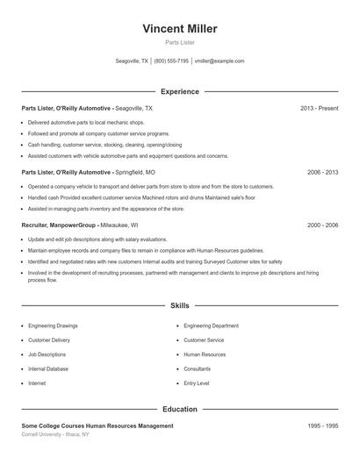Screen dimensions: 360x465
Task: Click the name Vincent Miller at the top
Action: click(x=179, y=29)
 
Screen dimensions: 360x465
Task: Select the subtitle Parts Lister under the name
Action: click(x=179, y=43)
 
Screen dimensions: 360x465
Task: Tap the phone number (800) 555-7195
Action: click(x=172, y=61)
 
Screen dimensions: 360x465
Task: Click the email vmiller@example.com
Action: click(x=220, y=61)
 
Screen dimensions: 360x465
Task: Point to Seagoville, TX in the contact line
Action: click(x=133, y=61)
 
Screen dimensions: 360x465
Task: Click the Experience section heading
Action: click(x=179, y=91)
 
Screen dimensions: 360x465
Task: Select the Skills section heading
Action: click(x=179, y=306)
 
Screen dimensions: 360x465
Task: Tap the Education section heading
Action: click(x=179, y=409)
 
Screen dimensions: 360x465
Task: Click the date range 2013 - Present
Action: click(x=319, y=108)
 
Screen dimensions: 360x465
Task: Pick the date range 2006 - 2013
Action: click(x=322, y=173)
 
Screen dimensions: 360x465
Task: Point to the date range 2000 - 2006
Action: click(x=322, y=225)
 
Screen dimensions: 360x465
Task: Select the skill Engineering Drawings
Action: click(x=53, y=325)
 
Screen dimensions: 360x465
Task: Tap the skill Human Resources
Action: click(x=205, y=354)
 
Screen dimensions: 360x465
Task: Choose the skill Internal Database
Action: click(x=48, y=369)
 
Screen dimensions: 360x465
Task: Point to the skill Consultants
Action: click(x=199, y=369)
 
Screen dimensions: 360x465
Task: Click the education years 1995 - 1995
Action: click(x=322, y=426)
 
